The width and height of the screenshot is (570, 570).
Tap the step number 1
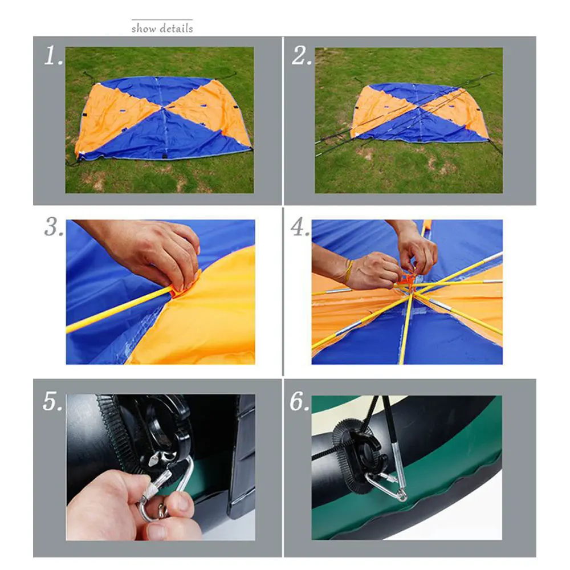53,56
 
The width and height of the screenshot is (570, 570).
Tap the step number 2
302,56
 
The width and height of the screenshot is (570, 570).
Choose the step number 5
52,402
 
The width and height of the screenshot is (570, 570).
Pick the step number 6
300,402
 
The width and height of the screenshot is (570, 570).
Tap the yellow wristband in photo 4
349,270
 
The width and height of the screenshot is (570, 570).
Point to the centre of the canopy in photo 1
164,107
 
